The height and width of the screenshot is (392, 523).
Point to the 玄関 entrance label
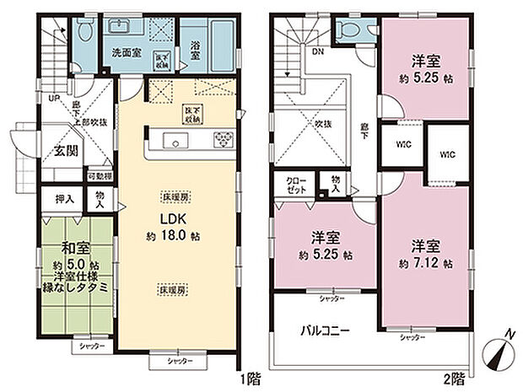67,152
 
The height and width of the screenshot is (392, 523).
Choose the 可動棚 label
100,176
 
